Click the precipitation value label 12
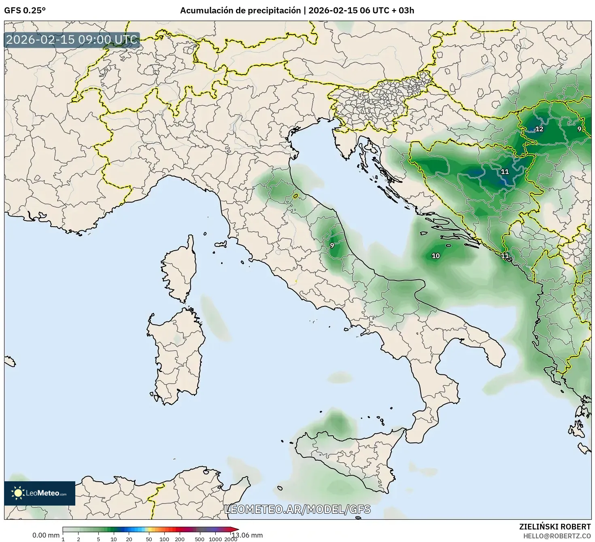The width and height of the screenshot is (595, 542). coord(540,129)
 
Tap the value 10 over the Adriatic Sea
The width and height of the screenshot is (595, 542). coord(436,256)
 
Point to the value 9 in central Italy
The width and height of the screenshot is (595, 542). coord(332,245)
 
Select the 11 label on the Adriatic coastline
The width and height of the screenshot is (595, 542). coord(505,256)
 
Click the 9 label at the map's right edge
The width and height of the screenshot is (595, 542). coord(579,129)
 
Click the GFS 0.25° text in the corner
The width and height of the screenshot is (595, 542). coord(25,11)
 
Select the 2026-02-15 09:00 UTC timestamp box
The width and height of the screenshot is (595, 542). coord(72,40)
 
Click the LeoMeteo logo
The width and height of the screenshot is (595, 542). coord(40,493)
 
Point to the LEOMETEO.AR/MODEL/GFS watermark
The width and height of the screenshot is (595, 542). coord(297,509)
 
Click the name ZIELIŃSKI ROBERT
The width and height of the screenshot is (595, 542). coord(555,527)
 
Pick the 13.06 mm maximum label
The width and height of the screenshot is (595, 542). coord(247,535)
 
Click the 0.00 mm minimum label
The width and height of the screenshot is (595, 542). coord(46,535)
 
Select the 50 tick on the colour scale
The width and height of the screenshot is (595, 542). coord(149,539)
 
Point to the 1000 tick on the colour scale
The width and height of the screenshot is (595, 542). coord(215,539)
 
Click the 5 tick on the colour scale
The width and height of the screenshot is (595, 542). coord(98,539)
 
